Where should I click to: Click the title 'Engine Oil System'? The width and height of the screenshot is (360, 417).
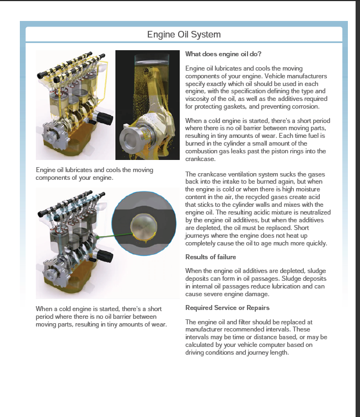click(x=184, y=35)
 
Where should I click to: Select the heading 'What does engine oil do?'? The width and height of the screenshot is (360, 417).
click(x=223, y=54)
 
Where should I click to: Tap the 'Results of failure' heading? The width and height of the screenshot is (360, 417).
click(x=211, y=257)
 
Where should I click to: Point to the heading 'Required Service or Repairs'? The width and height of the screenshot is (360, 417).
click(x=227, y=307)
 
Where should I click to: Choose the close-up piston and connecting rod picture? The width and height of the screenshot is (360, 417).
click(x=147, y=105)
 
